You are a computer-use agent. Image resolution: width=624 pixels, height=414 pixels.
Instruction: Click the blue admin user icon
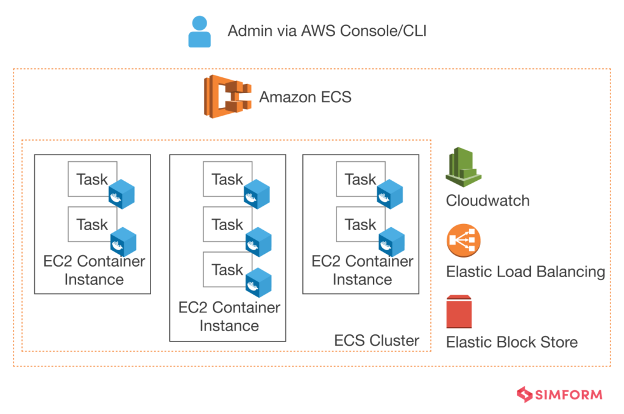pyautogui.click(x=199, y=32)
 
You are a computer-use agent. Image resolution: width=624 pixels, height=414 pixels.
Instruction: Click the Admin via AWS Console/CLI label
pyautogui.click(x=327, y=31)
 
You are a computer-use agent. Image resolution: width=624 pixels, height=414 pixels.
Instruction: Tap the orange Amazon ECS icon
pyautogui.click(x=228, y=96)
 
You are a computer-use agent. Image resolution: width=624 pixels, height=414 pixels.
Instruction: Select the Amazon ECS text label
pyautogui.click(x=305, y=97)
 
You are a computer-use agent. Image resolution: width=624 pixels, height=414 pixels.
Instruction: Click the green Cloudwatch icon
pyautogui.click(x=464, y=166)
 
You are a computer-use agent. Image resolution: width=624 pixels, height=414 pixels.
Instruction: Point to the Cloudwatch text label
pyautogui.click(x=487, y=201)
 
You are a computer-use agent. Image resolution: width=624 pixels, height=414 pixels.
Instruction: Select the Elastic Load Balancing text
pyautogui.click(x=525, y=272)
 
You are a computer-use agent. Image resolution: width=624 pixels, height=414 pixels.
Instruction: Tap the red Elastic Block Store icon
pyautogui.click(x=463, y=312)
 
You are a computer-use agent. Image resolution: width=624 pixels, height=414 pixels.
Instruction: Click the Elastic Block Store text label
pyautogui.click(x=512, y=342)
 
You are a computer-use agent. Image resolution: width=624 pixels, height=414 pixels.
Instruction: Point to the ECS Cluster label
pyautogui.click(x=377, y=340)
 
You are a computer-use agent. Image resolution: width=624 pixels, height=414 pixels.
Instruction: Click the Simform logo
pyautogui.click(x=559, y=395)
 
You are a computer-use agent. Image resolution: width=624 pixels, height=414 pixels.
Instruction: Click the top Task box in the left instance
pyautogui.click(x=91, y=179)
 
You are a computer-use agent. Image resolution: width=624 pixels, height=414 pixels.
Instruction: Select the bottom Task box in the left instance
pyautogui.click(x=91, y=224)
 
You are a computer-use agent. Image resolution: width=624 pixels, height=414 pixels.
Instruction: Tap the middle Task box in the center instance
pyautogui.click(x=227, y=224)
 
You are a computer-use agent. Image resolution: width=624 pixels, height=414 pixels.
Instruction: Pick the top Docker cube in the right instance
pyautogui.click(x=390, y=195)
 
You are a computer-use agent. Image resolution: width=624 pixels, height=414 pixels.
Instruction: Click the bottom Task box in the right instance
pyautogui.click(x=360, y=224)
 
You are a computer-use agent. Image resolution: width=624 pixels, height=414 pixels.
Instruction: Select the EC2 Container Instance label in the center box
pyautogui.click(x=229, y=317)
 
